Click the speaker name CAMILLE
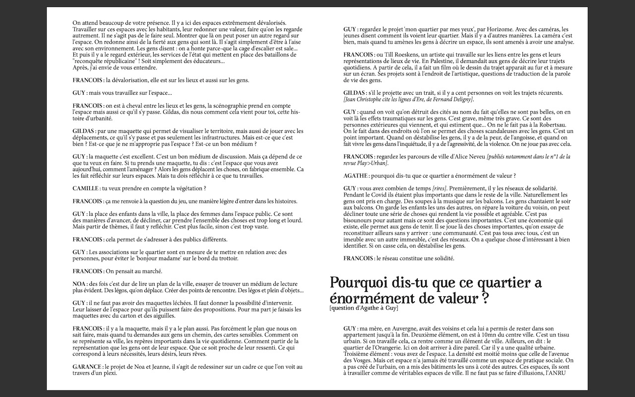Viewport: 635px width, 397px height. [85, 189]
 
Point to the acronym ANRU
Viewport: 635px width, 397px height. [554, 374]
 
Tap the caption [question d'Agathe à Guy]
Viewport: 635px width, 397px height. [364, 308]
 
